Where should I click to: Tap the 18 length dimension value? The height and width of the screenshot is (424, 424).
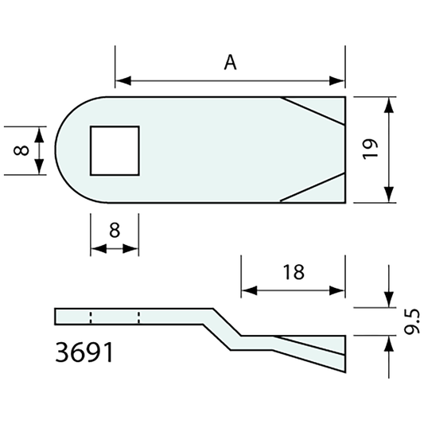pos(293,272)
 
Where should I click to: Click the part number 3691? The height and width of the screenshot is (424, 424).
pos(84,351)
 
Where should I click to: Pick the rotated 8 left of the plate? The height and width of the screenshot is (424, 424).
pos(21,150)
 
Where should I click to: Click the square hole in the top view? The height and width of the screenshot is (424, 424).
pos(114,150)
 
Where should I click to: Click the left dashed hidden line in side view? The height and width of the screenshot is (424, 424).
pos(91,317)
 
